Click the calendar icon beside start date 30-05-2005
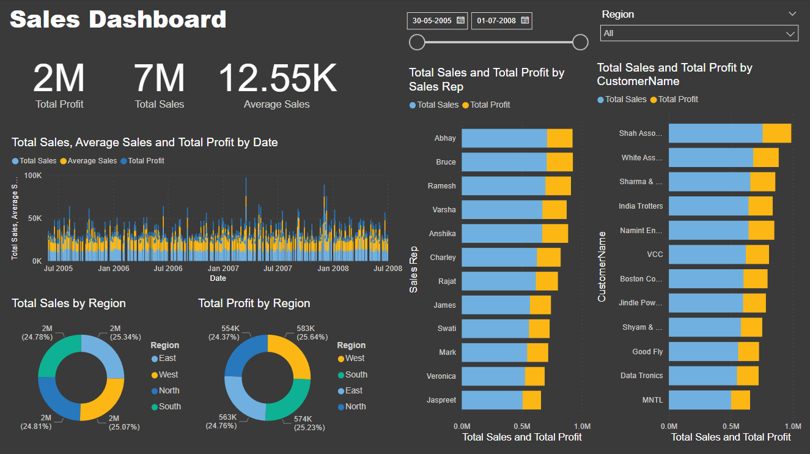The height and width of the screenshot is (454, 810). click(461, 20)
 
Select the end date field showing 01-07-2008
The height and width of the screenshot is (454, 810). click(496, 20)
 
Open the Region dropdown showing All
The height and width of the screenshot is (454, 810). click(699, 33)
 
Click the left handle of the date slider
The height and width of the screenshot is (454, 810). click(417, 42)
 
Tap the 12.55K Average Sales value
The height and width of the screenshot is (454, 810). click(277, 79)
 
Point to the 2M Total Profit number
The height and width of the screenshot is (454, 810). click(59, 79)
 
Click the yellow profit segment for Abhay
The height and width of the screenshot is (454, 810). click(559, 138)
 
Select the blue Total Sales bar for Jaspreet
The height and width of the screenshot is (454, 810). click(492, 400)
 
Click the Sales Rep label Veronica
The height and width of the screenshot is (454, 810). click(441, 376)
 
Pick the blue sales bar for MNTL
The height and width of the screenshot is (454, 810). click(699, 400)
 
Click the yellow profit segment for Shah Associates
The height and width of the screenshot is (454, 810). click(776, 133)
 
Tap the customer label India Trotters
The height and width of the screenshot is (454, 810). click(641, 206)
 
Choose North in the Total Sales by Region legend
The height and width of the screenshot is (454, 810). click(169, 390)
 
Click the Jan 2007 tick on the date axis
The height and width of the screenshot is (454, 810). click(223, 269)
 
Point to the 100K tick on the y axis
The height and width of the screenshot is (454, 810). click(32, 176)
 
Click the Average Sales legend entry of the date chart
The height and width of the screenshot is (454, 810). click(92, 161)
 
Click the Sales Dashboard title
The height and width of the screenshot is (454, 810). click(118, 20)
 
